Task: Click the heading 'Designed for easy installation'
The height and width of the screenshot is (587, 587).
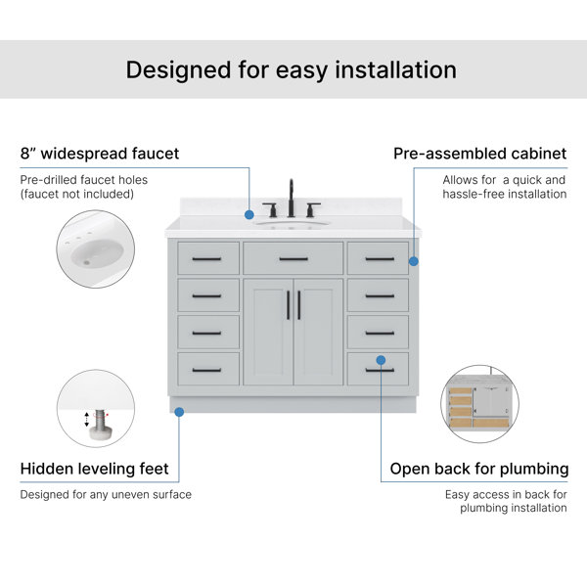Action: point(291,70)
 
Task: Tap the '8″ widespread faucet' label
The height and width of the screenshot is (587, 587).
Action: point(100,154)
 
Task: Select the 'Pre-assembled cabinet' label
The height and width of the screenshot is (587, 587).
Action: point(480,154)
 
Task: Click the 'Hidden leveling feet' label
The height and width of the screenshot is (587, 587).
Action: point(94,469)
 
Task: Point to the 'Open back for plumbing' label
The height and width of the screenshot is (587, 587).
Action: point(479,469)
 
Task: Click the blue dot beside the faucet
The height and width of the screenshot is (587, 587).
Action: point(249,215)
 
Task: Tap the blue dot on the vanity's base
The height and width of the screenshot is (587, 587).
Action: point(179,412)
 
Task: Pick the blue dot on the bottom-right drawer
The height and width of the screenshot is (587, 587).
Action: point(381,360)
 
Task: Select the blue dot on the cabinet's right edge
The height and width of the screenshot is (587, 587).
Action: point(414,261)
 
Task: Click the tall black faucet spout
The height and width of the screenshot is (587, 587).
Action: point(291,198)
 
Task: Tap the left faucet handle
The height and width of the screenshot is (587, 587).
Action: point(272,209)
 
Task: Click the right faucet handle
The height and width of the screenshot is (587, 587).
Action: point(311,209)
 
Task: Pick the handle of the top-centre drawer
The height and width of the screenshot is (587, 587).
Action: point(293,258)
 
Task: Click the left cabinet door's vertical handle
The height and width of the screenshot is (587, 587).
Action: point(289,305)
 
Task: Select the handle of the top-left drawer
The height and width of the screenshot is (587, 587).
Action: point(206,258)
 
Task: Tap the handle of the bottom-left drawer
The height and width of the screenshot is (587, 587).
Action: point(206,370)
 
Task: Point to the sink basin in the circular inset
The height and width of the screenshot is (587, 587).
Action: point(97,252)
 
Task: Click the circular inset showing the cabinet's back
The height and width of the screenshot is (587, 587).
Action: point(480,404)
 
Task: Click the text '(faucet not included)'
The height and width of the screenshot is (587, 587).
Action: point(77,194)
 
